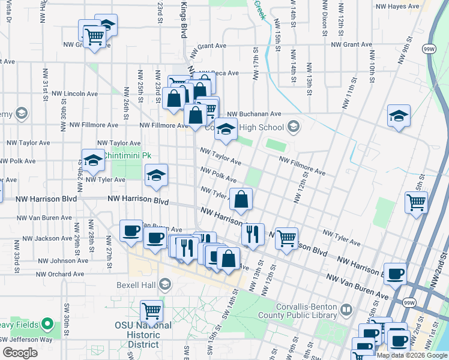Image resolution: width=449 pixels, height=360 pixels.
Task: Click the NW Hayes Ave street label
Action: point(397,7)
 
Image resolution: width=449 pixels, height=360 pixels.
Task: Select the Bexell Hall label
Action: point(137,283)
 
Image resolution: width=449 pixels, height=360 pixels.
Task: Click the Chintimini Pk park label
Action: point(127,155)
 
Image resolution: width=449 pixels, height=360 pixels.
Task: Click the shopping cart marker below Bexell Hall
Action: point(151,311)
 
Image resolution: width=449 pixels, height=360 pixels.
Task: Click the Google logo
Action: point(20,352)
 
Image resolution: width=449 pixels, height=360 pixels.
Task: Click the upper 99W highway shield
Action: point(429,47)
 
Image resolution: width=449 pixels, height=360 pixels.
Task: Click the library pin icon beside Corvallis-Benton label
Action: point(346,310)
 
